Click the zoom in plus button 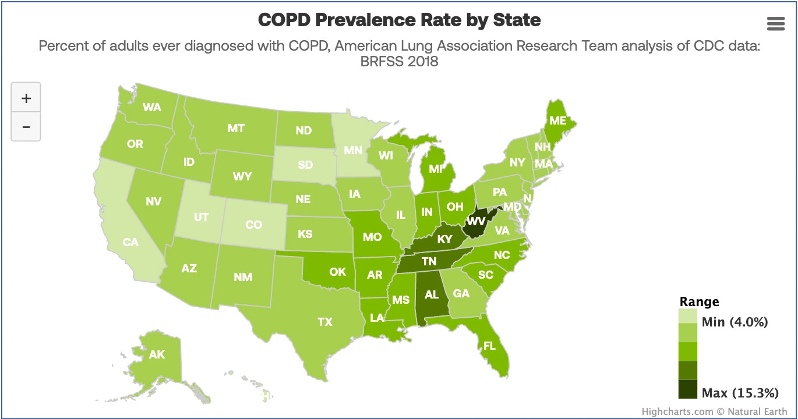(26, 98)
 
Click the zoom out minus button (26, 126)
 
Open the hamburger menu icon (776, 23)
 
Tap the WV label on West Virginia (476, 221)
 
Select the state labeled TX (325, 321)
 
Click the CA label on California (130, 242)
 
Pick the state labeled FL (489, 346)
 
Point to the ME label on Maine (558, 120)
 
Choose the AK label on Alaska (157, 354)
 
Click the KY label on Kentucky (444, 239)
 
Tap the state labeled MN (352, 151)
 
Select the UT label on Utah (201, 217)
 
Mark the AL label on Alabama (432, 294)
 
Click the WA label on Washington (152, 107)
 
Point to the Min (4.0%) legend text (735, 322)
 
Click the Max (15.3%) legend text (740, 393)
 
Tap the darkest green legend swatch (688, 388)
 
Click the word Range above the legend (699, 301)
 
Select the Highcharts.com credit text (677, 411)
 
